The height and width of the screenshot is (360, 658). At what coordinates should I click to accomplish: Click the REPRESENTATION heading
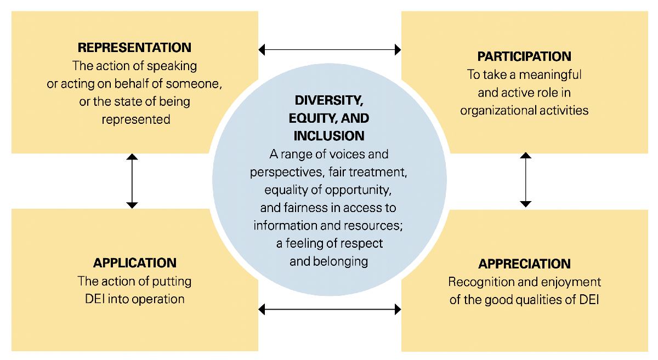tap(134, 48)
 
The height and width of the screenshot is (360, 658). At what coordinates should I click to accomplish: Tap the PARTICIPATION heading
tap(524, 56)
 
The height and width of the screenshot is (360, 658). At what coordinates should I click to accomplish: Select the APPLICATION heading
tap(134, 263)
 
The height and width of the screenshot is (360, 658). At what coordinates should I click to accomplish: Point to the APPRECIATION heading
tap(524, 264)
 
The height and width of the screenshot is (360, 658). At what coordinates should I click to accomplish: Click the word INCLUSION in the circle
tap(329, 135)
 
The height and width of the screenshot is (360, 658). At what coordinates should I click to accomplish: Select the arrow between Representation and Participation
tap(330, 50)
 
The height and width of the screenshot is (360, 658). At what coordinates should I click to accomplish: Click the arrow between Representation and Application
tap(132, 181)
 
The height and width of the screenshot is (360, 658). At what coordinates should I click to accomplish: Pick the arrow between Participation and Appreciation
tap(525, 180)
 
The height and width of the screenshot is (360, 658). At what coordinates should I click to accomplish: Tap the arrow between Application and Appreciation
tap(330, 310)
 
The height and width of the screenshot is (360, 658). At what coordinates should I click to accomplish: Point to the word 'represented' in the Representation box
tap(136, 119)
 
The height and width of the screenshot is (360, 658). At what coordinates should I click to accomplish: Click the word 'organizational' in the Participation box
tap(495, 110)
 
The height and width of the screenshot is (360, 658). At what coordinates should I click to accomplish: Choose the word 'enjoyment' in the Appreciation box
tap(575, 282)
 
